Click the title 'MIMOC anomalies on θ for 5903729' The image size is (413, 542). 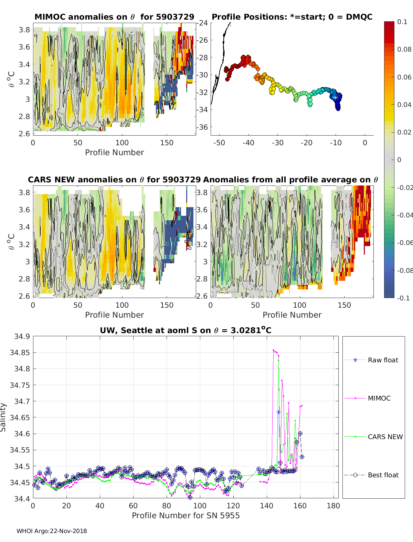(114, 17)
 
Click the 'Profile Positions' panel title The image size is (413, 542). (292, 17)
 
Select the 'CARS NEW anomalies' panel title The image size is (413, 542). (114, 180)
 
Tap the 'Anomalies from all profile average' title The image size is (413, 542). (290, 180)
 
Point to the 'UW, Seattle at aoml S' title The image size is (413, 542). (186, 330)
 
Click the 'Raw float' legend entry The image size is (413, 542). (383, 360)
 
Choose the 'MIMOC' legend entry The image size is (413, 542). (379, 398)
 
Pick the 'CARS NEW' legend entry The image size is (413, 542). (385, 437)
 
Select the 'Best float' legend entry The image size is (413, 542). (383, 475)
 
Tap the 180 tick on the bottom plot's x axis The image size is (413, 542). (333, 506)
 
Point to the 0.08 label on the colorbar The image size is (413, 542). (404, 49)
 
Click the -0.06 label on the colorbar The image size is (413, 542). (405, 243)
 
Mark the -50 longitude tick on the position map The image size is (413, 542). (219, 143)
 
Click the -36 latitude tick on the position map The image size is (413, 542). (203, 127)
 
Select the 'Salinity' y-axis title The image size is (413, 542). (3, 417)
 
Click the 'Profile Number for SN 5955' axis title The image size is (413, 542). (186, 516)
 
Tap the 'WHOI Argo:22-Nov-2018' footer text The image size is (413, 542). (52, 531)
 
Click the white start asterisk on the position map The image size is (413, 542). (336, 97)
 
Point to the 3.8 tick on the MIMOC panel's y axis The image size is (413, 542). (24, 30)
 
